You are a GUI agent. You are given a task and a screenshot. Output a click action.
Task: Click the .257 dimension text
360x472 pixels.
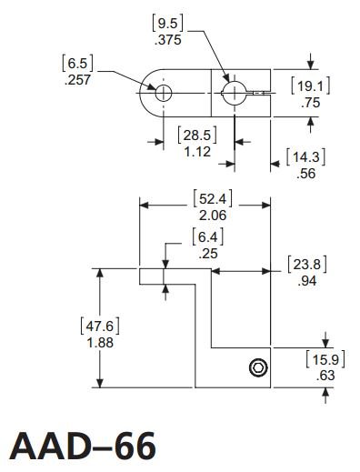(x=78, y=79)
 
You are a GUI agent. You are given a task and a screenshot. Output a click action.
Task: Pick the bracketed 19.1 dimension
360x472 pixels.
(x=309, y=86)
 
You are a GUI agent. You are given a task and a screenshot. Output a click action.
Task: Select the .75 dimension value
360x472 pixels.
(x=309, y=103)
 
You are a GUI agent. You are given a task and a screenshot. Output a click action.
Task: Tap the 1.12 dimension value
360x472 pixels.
(x=197, y=152)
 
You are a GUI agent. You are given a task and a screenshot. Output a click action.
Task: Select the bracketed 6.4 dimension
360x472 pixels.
(x=206, y=238)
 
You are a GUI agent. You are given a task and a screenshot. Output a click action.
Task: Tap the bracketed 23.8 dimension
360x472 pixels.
(x=306, y=266)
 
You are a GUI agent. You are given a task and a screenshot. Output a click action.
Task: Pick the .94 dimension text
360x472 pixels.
(x=306, y=281)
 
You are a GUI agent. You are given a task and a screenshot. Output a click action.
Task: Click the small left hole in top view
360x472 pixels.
(x=163, y=92)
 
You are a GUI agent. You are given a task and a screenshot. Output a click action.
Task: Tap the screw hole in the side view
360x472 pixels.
(x=258, y=367)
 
